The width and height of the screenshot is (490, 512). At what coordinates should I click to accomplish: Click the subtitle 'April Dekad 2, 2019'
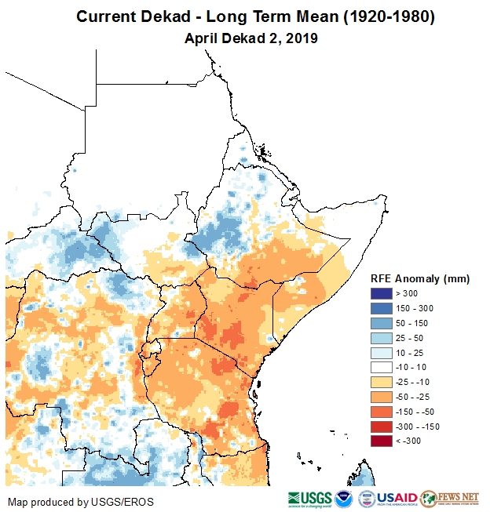[244, 38]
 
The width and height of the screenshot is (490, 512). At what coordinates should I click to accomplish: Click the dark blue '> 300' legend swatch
[382, 292]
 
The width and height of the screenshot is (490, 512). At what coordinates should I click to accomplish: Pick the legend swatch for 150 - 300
[382, 307]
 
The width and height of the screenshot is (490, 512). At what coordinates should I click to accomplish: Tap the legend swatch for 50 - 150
[382, 322]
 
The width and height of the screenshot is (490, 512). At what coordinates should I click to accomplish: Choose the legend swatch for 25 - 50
[382, 337]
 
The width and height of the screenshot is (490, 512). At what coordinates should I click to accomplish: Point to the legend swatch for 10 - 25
[382, 352]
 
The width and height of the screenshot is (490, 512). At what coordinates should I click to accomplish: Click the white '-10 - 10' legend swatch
[382, 367]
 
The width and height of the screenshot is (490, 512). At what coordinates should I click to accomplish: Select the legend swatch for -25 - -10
[382, 382]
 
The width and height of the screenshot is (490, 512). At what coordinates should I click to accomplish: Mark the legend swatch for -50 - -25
[382, 397]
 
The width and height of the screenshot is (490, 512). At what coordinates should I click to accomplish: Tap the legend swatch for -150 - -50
[382, 412]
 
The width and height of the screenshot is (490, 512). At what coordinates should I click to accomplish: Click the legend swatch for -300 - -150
[382, 427]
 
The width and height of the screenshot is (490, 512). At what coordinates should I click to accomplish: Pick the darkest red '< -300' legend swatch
[382, 441]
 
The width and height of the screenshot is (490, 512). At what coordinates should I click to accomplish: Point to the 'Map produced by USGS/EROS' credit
[81, 502]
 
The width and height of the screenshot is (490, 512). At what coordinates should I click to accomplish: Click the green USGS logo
[309, 499]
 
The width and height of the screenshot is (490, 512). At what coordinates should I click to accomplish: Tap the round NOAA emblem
[343, 499]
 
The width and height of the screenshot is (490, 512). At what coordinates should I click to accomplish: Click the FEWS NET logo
[451, 499]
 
